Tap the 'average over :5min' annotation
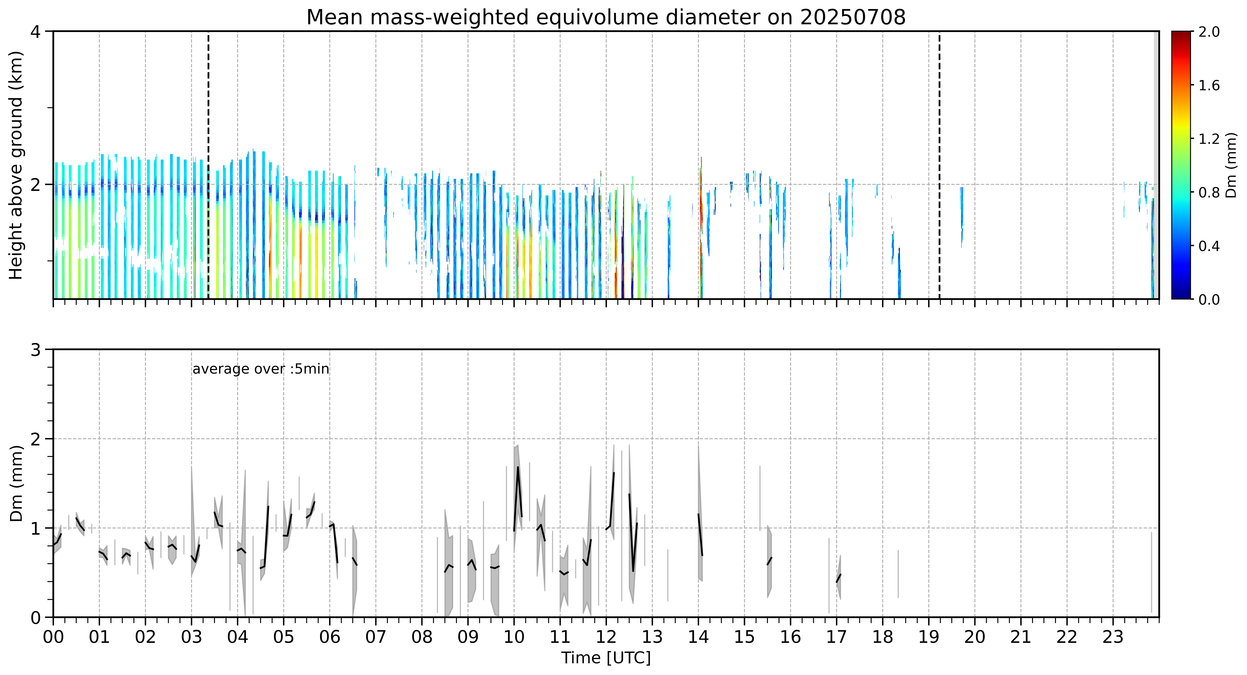260,369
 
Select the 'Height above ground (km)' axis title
16,165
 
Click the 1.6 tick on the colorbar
1209,86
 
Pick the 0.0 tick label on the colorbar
1209,300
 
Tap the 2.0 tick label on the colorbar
1209,32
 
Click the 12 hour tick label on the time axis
606,637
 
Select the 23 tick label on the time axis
1113,637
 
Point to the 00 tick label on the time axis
53,637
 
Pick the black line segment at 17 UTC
838,578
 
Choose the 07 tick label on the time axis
376,637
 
